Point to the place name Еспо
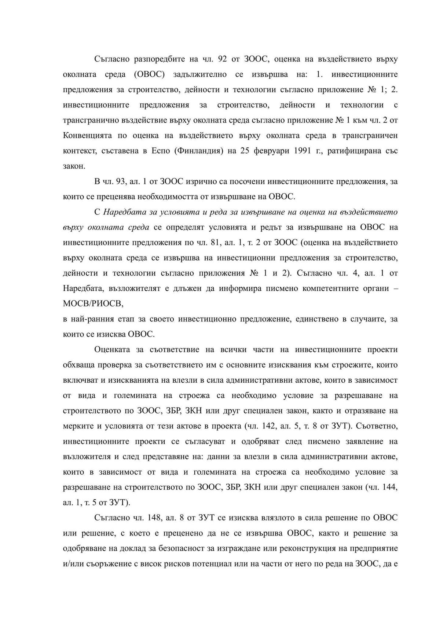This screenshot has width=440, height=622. tap(161, 151)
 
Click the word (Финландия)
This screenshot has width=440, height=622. tap(200, 151)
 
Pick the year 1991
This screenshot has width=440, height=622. tap(303, 151)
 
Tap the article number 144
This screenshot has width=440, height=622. tap(389, 487)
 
